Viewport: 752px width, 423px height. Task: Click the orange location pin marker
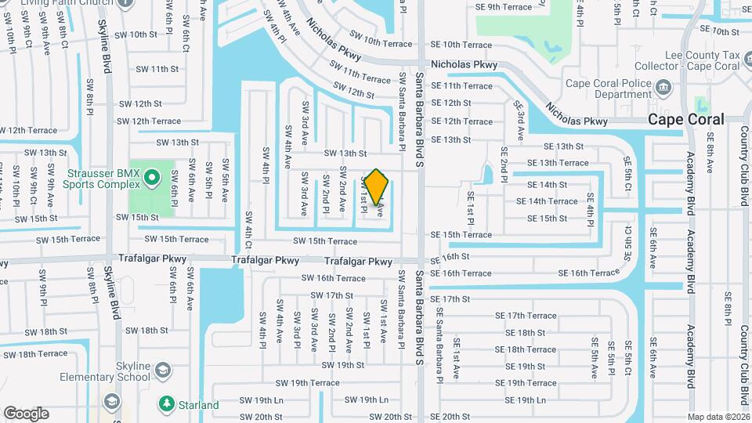click(x=377, y=186)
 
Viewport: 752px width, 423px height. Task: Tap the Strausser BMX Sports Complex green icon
click(x=153, y=180)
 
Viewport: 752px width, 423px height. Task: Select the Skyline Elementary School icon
click(x=163, y=370)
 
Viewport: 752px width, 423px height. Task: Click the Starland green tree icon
click(x=166, y=404)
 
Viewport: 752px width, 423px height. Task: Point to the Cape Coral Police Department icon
click(x=664, y=86)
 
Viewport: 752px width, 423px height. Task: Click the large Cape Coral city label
click(x=685, y=120)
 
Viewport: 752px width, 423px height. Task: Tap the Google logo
click(x=26, y=413)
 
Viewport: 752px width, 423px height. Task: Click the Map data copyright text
click(x=718, y=417)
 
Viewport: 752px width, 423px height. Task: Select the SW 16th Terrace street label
click(x=334, y=278)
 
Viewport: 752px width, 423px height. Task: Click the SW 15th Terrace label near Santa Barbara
click(x=325, y=241)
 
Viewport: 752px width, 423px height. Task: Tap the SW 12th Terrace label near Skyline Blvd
click(x=149, y=121)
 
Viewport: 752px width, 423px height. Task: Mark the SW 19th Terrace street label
click(x=307, y=383)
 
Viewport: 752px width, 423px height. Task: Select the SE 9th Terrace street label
click(x=504, y=6)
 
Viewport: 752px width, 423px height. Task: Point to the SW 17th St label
click(x=332, y=295)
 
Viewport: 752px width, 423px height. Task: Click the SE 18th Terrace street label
click(x=526, y=349)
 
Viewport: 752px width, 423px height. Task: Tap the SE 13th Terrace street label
click(x=558, y=163)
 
